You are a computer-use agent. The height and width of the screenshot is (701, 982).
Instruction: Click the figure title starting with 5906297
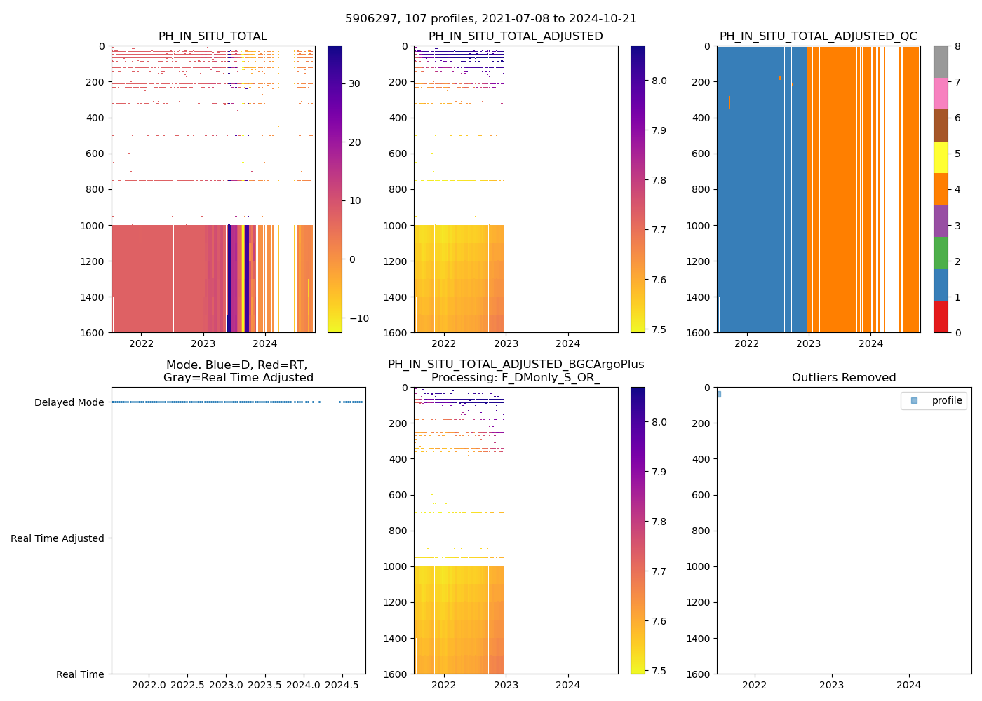pos(491,19)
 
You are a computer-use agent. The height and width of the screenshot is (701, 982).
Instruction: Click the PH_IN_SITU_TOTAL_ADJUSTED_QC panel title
pos(818,36)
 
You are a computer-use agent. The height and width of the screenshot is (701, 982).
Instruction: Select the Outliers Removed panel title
pos(844,378)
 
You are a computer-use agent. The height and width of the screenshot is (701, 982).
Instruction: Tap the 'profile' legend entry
pos(946,401)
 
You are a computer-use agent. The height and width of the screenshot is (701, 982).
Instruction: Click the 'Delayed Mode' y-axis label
pos(69,403)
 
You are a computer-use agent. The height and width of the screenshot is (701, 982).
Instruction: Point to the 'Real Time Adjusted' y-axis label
pos(57,538)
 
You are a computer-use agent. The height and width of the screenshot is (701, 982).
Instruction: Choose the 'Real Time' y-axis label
pos(80,674)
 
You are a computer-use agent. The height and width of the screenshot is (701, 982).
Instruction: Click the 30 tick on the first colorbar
pos(354,84)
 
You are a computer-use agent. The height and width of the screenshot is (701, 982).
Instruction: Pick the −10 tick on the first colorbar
pos(358,318)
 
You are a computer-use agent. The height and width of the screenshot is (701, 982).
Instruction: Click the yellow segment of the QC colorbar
pos(941,158)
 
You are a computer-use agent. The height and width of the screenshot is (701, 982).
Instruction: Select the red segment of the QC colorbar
pos(941,317)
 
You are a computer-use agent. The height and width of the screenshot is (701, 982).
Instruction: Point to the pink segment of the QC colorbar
pos(941,94)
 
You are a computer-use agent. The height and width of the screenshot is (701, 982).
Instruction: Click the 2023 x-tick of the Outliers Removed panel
pos(832,685)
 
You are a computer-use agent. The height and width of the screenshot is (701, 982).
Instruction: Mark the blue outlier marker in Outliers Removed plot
pos(718,394)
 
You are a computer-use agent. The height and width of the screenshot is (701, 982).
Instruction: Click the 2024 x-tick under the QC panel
pos(871,343)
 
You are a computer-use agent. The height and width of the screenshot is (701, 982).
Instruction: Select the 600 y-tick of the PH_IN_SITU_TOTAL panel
pos(97,154)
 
